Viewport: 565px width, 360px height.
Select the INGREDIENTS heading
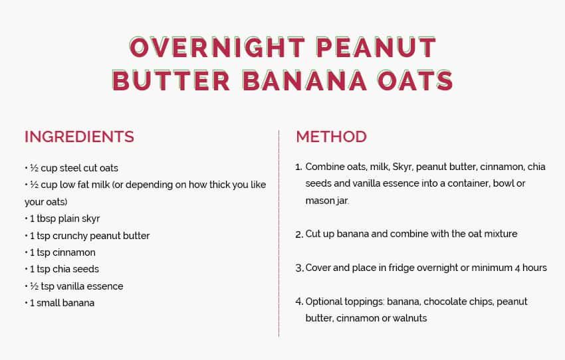click(79, 137)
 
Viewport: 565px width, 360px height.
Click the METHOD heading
click(331, 137)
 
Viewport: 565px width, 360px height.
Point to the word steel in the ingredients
click(70, 168)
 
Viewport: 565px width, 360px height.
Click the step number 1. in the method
click(298, 167)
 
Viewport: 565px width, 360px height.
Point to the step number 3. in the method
click(299, 268)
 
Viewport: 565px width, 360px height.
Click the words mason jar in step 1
click(327, 201)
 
